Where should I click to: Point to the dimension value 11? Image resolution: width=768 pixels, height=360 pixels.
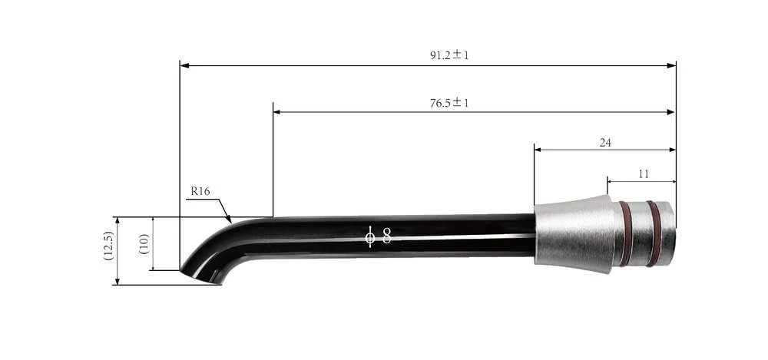pyautogui.click(x=643, y=174)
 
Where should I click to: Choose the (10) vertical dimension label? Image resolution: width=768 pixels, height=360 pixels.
pyautogui.click(x=144, y=244)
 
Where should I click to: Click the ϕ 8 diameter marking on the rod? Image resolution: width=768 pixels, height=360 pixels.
pyautogui.click(x=378, y=236)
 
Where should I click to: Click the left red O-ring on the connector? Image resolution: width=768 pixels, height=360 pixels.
pyautogui.click(x=626, y=233)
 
